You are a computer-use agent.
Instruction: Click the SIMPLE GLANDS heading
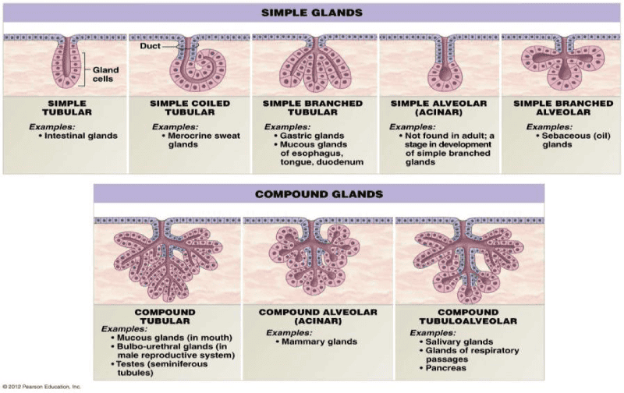pos(312,13)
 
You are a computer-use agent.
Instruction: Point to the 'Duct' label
pos(151,46)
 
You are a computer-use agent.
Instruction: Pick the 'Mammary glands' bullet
pos(321,342)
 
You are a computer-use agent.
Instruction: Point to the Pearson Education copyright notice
pos(42,387)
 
